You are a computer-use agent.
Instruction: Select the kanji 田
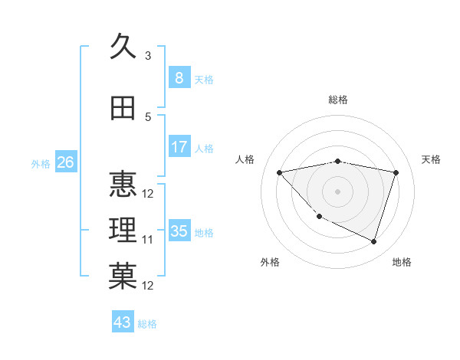pyautogui.click(x=123, y=109)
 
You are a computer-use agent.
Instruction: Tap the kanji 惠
pyautogui.click(x=123, y=184)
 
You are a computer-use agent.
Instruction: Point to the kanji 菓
pyautogui.click(x=123, y=277)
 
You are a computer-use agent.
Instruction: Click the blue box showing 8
pyautogui.click(x=179, y=77)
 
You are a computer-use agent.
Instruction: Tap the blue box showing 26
pyautogui.click(x=65, y=162)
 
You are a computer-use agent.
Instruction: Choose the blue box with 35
pyautogui.click(x=179, y=231)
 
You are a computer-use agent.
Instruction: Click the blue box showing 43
pyautogui.click(x=123, y=322)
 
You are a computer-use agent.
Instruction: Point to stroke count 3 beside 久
pyautogui.click(x=148, y=56)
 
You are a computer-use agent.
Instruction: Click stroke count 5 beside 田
pyautogui.click(x=148, y=117)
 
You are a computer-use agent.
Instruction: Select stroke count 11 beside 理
pyautogui.click(x=148, y=240)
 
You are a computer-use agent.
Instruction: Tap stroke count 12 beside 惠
pyautogui.click(x=148, y=193)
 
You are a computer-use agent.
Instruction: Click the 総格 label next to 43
pyautogui.click(x=147, y=324)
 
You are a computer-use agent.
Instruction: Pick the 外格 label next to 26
pyautogui.click(x=40, y=164)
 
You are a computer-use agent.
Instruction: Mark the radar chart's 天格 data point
pyautogui.click(x=396, y=172)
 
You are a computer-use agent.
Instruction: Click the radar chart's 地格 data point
pyautogui.click(x=373, y=241)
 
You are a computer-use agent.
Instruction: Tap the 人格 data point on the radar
pyautogui.click(x=279, y=172)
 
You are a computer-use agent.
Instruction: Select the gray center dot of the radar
pyautogui.click(x=337, y=191)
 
